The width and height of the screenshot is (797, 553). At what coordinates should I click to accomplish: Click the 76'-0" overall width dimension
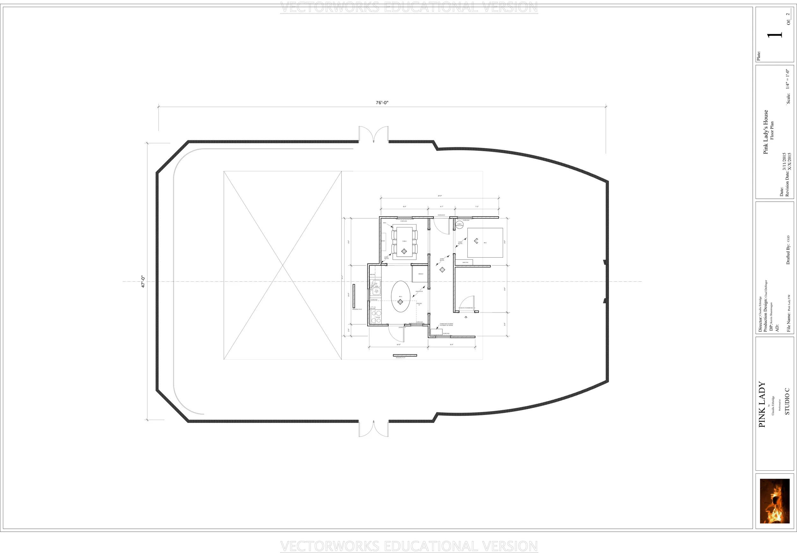pos(382,103)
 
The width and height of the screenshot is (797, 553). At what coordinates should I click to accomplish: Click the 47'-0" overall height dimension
pos(143,282)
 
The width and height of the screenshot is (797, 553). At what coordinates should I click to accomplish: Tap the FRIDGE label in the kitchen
pos(420,274)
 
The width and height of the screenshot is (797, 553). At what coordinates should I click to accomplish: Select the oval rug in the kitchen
pos(401,297)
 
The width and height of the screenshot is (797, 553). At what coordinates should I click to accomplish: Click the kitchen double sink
pos(376,288)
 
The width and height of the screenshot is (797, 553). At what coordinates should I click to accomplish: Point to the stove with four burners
pos(376,317)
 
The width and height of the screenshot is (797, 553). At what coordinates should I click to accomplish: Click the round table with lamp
pos(459,225)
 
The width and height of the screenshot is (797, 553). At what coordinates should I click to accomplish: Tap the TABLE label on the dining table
pos(404,241)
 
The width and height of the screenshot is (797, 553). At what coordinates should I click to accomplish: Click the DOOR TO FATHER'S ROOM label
pos(466,308)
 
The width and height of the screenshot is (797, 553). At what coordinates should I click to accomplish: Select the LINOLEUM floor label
pos(419,291)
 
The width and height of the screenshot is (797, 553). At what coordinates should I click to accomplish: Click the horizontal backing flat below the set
pos(405,355)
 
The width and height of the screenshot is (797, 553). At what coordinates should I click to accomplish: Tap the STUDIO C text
pos(787,402)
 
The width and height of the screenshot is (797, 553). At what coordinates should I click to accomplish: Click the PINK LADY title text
pos(762,404)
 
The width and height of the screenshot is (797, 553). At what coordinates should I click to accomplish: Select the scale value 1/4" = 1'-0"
pos(788,79)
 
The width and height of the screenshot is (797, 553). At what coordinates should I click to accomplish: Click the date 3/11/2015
pos(784,161)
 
